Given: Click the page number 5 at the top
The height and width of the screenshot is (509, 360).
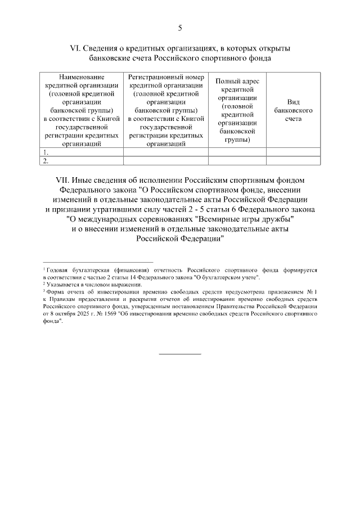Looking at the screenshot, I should point(180,28).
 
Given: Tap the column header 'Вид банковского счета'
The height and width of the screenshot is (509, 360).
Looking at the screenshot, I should point(293,110).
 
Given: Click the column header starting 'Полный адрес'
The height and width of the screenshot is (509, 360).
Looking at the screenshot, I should point(237,110).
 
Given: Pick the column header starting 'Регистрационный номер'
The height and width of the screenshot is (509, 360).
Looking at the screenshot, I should point(166,110).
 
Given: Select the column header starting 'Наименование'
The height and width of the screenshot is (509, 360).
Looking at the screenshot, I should point(82,110).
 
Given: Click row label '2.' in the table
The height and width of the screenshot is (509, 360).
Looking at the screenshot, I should point(46,161).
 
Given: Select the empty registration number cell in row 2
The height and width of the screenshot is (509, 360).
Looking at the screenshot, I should point(166,161).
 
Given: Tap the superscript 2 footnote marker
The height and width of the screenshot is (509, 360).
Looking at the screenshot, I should point(44,284).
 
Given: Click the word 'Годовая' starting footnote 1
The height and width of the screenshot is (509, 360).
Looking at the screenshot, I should point(58,271).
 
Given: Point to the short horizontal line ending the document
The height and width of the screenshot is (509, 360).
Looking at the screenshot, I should point(180,354).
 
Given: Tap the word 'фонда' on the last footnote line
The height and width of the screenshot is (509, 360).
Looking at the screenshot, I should point(51,322).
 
